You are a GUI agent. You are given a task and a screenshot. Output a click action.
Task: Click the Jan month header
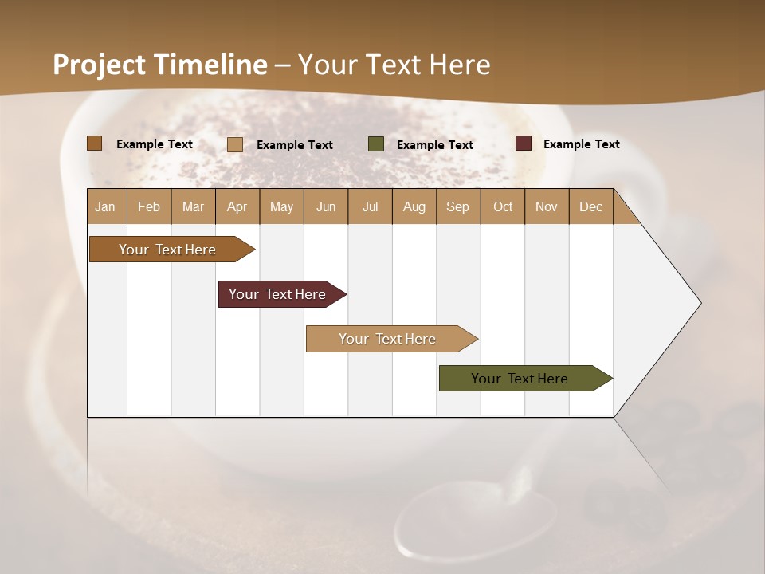pos(106,206)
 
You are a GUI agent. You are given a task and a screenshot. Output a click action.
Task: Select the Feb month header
pos(149,206)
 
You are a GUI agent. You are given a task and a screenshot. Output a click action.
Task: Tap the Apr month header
pos(237,206)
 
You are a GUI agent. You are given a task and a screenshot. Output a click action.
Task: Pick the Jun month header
pos(326,206)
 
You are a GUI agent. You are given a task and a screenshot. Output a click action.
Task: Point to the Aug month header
pos(414,206)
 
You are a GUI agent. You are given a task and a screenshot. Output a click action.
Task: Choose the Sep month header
pos(458,206)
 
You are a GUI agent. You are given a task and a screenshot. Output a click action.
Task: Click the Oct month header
pos(503,206)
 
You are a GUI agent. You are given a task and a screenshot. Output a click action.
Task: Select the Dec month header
pos(591,206)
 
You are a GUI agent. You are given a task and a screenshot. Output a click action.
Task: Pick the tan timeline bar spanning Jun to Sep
pos(389,339)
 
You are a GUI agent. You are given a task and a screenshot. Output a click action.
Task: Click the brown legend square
pos(94,143)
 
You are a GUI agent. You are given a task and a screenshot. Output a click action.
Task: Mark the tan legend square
pos(235,144)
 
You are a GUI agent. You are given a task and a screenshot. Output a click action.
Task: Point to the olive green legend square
pos(376,144)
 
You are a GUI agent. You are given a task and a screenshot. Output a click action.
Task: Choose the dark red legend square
pos(524,143)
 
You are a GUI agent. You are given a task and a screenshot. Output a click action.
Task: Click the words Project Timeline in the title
pos(159,65)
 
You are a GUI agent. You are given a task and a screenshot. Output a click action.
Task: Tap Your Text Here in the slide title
pos(394,65)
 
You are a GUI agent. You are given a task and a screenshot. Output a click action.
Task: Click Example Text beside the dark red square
pos(581,144)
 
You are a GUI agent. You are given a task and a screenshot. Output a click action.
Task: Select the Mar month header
pos(193,206)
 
